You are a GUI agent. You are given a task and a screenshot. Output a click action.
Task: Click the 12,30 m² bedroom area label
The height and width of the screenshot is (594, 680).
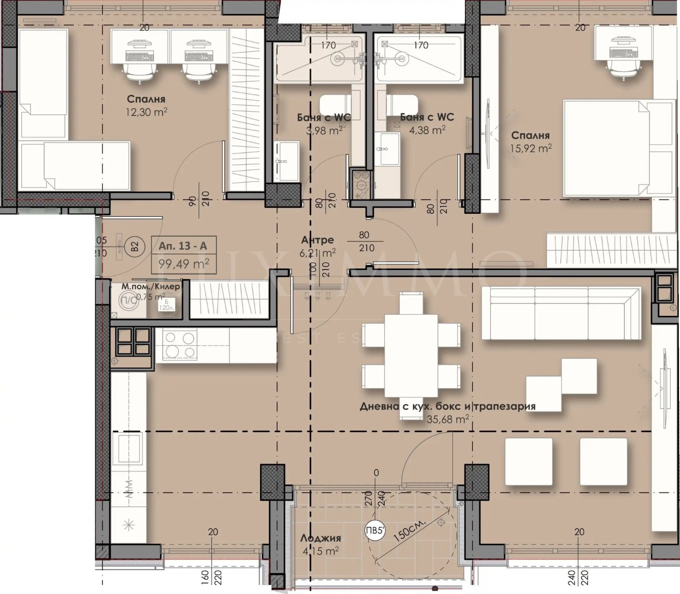(x=146, y=112)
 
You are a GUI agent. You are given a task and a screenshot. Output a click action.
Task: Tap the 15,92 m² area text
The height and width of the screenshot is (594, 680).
(x=531, y=148)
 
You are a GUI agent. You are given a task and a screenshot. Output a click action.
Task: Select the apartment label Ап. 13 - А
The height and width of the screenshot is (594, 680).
(x=183, y=246)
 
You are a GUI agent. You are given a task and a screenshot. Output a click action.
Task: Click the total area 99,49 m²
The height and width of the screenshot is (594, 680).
(x=184, y=264)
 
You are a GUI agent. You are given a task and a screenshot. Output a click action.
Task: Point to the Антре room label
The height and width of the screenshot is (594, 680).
(x=317, y=240)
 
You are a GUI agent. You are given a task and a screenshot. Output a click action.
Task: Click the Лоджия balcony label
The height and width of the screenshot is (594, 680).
(x=320, y=538)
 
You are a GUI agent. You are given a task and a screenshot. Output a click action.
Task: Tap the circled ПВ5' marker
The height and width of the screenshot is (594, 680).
(x=375, y=530)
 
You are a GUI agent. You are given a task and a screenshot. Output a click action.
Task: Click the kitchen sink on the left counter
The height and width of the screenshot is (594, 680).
(x=129, y=448)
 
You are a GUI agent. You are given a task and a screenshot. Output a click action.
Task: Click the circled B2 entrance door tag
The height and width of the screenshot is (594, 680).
(x=134, y=246)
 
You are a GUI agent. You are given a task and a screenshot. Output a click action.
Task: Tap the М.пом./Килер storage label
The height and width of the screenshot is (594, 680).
(x=150, y=287)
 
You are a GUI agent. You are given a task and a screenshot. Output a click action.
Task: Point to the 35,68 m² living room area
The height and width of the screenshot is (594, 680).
(x=448, y=419)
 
